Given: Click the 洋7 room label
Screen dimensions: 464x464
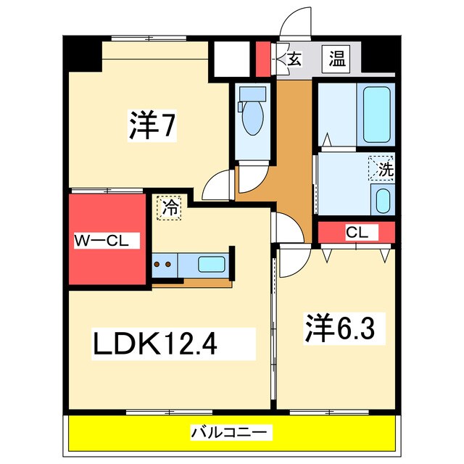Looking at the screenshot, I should pos(152,125).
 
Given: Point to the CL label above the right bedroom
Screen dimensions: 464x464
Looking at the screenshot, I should pos(356,233).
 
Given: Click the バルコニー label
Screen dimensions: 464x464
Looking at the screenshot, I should pos(231,433).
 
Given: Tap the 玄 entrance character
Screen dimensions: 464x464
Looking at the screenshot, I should pos(294,59).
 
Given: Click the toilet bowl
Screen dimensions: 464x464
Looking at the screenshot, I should pos(253,116).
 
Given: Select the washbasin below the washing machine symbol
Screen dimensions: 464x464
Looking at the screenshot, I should pos(382,199).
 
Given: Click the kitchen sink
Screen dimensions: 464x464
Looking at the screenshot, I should pos(212,264).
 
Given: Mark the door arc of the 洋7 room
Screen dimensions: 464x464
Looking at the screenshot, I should pos(218,184).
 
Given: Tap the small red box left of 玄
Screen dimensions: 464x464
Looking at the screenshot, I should pos(262,59).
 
